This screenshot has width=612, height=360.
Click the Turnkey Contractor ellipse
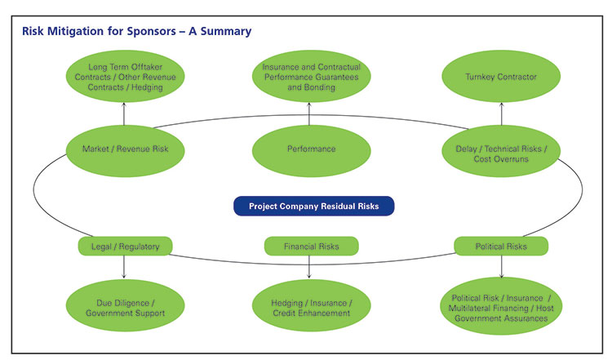(501, 77)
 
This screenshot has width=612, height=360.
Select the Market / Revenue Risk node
(126, 151)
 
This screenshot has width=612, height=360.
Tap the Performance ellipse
(312, 151)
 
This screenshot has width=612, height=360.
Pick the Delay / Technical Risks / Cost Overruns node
(501, 151)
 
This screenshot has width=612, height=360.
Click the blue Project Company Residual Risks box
(314, 206)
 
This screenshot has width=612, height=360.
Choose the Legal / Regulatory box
(126, 247)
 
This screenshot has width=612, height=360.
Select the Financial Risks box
(312, 247)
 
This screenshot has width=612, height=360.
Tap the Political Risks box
(501, 247)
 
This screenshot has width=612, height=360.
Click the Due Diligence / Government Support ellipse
(126, 306)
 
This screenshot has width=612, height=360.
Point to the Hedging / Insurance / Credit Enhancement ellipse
(312, 306)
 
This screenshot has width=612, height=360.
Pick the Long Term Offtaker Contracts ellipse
(126, 77)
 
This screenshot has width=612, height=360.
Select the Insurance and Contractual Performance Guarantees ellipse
(312, 77)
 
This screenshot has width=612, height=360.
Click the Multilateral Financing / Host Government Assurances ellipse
(501, 306)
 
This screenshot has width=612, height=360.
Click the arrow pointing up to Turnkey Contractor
(502, 114)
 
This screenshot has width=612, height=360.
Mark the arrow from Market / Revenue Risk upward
(124, 114)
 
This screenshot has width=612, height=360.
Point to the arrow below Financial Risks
(309, 268)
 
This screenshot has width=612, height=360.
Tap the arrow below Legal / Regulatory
(124, 268)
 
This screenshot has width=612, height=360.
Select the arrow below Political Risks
(502, 267)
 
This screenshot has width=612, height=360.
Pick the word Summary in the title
(226, 32)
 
